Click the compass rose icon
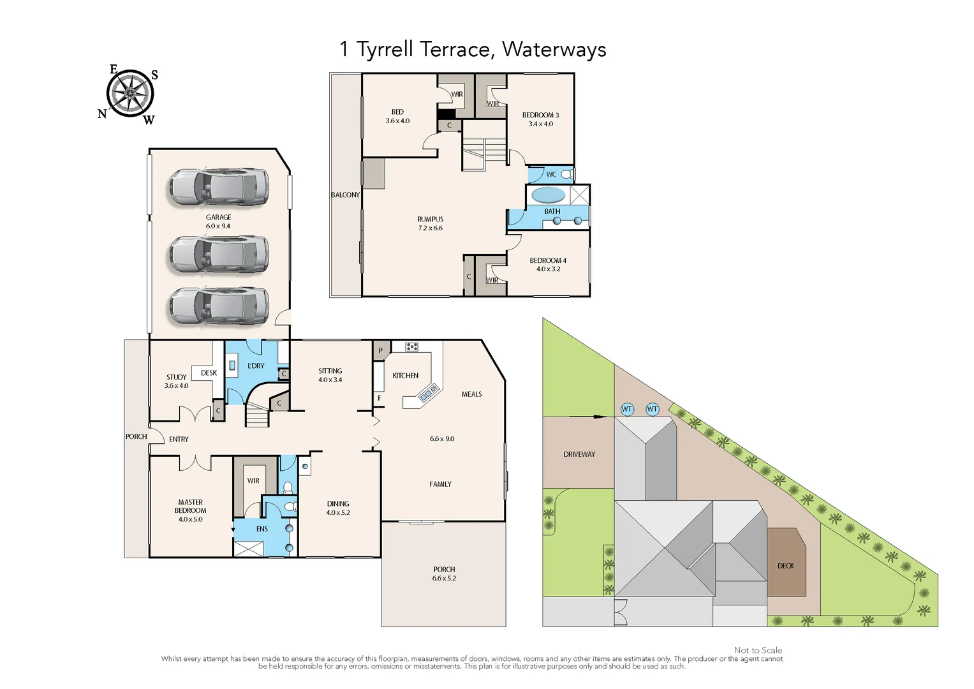point(130,94)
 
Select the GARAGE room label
point(218,218)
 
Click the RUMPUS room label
point(430,219)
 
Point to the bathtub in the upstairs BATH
point(548,195)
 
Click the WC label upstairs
point(551,174)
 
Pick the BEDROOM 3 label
point(540,115)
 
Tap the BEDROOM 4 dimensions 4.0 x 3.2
point(548,269)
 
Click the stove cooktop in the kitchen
point(411,347)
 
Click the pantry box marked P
point(381,350)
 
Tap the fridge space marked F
point(380,398)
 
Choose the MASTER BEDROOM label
point(190,507)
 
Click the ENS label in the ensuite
point(262,529)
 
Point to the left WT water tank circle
point(627,409)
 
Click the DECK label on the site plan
point(786,566)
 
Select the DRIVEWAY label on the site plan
point(579,454)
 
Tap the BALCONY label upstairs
point(345,195)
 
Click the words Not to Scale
point(758,650)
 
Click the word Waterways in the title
point(554,50)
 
